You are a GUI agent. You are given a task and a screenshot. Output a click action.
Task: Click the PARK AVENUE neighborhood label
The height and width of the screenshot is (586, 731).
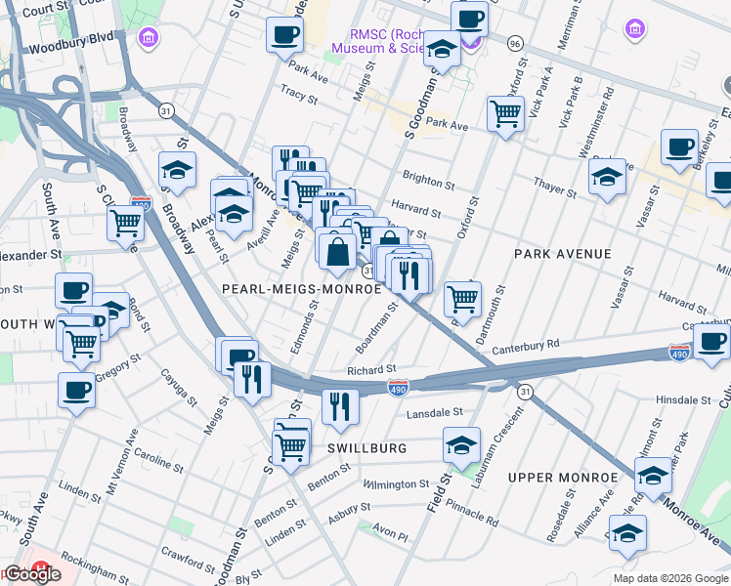click(x=563, y=254)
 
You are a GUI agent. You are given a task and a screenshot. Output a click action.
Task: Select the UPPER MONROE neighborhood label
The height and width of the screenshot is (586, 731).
click(x=562, y=478)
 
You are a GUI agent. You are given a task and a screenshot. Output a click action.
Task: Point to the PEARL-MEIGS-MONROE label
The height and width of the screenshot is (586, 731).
click(x=301, y=289)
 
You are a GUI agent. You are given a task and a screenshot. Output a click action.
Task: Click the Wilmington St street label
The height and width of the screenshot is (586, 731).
click(x=396, y=483)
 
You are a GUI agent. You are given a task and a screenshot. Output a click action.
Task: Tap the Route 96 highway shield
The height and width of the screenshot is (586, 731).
click(x=516, y=43)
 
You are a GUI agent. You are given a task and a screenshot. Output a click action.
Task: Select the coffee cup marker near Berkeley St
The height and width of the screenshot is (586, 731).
click(x=679, y=146)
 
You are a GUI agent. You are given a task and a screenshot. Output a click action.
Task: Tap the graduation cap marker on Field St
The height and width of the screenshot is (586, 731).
click(x=462, y=444)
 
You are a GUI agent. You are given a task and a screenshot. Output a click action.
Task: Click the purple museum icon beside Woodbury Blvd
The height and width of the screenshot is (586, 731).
click(x=149, y=38)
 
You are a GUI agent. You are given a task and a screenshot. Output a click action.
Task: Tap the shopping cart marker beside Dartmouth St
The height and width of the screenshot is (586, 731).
click(x=463, y=298)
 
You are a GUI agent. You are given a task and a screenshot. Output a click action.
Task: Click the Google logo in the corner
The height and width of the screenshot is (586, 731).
click(x=31, y=574)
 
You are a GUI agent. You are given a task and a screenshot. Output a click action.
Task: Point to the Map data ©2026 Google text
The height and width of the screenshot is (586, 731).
click(x=669, y=578)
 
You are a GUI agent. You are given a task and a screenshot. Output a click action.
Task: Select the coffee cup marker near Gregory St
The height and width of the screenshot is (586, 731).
click(x=76, y=390)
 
